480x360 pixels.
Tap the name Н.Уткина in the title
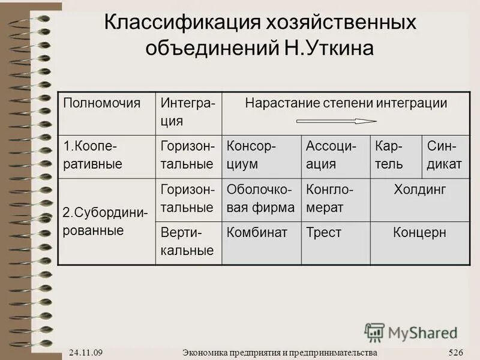coord(328,47)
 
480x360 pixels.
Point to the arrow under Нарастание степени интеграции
coord(336,121)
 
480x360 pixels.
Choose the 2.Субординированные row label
coord(105,221)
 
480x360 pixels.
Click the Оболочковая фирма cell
coord(260,199)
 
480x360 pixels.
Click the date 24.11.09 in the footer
coord(85,352)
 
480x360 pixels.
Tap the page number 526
coord(456,352)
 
